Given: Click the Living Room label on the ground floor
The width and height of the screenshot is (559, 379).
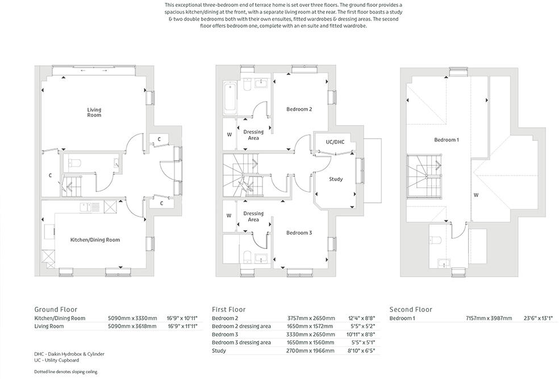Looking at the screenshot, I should click(94, 112).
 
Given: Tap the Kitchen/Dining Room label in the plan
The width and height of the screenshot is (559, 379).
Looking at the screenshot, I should click(95, 240).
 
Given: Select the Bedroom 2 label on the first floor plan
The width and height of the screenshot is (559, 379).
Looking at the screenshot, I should click(299, 109).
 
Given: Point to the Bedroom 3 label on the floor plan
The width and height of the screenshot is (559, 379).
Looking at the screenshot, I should click(299, 233).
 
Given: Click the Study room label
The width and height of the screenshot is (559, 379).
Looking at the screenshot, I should click(336, 179).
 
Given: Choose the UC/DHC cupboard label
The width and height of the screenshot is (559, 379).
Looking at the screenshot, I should click(335, 141).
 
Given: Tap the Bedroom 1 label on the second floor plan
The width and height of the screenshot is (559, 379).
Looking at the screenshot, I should click(446, 140).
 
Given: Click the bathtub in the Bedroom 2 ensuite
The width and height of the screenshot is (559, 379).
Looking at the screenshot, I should click(230, 97).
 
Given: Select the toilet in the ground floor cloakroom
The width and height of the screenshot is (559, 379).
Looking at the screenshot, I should click(73, 163).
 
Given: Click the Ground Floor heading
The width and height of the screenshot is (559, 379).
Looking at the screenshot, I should click(56, 309).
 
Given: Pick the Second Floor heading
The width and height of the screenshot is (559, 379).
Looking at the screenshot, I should click(411, 309).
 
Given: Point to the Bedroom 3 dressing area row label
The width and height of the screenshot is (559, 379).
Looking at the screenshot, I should click(241, 343).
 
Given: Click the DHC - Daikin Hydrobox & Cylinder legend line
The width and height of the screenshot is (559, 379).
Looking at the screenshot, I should click(69, 354).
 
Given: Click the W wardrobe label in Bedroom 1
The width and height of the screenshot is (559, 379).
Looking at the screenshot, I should click(475, 194).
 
